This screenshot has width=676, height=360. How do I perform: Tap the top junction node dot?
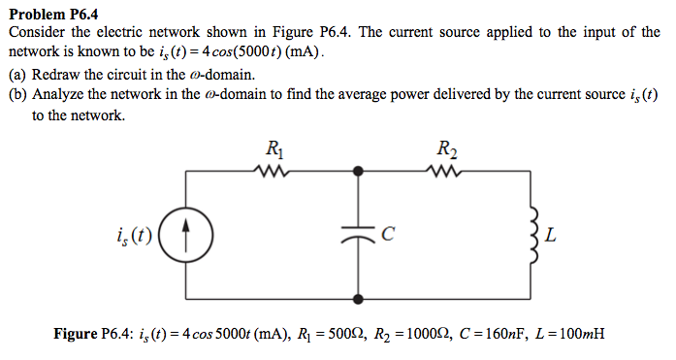pos(359,170)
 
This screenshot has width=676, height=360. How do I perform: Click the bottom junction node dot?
pos(359,300)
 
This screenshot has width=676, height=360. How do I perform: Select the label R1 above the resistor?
pos(274,149)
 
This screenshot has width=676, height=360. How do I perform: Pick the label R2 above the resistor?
pos(447,149)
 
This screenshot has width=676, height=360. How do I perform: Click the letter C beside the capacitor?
pos(388,234)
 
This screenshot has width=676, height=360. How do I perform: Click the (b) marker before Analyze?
pos(17,95)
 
